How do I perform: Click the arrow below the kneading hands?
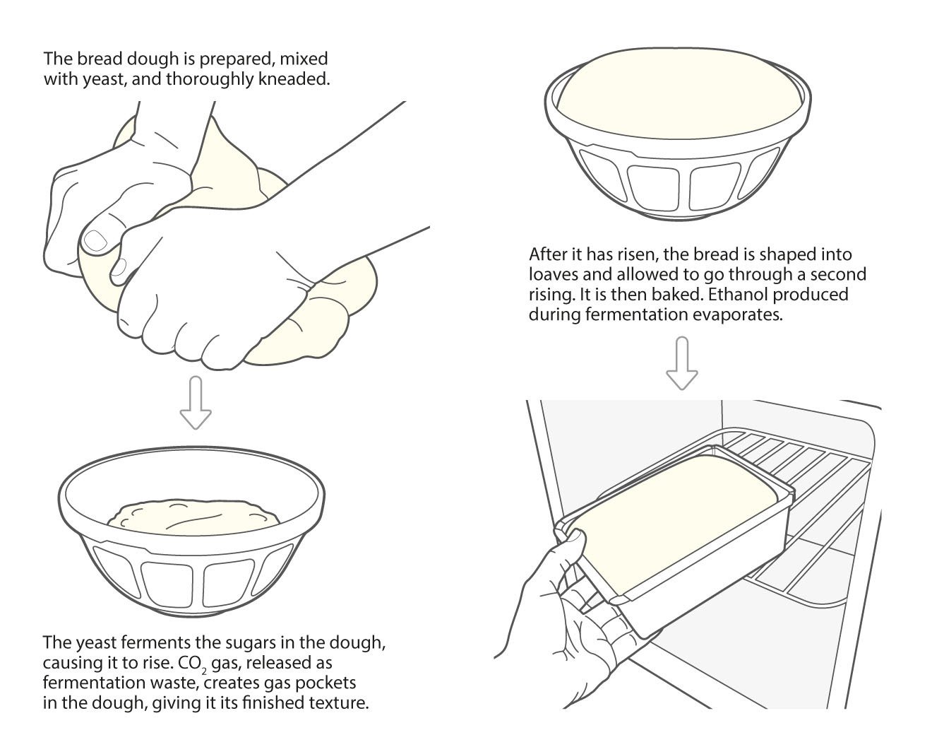coord(196,403)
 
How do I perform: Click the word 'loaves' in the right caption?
coord(555,274)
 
